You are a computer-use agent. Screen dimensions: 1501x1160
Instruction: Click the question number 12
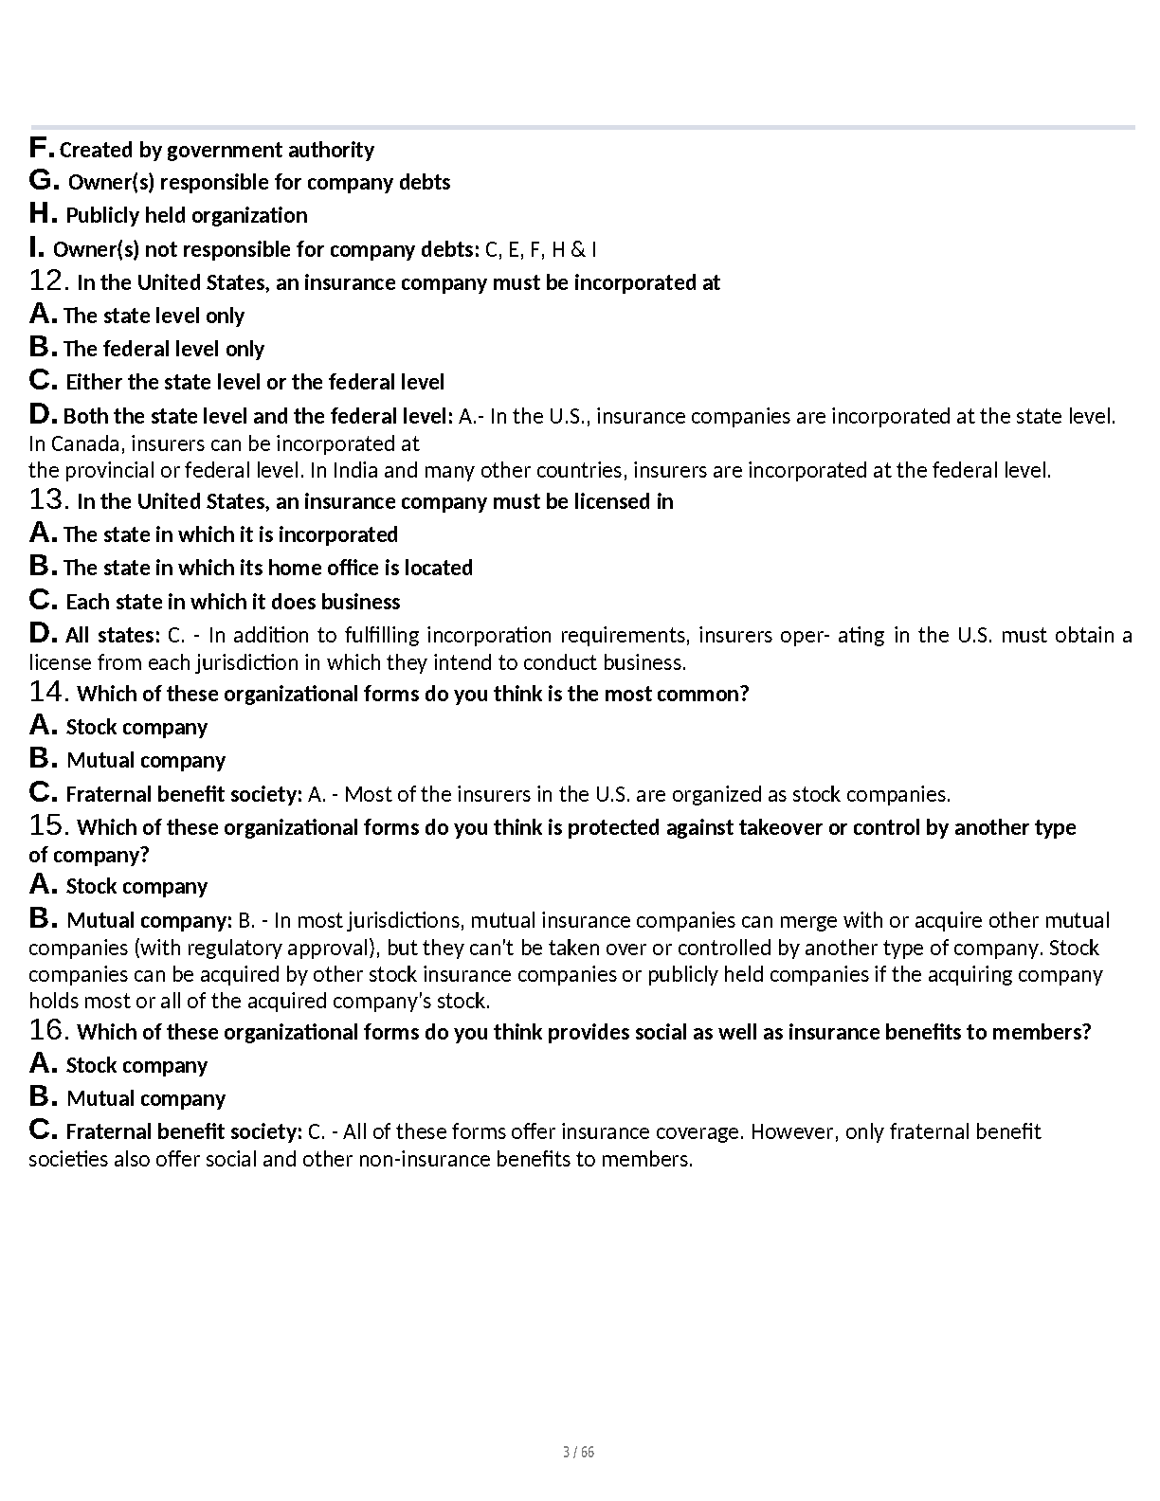click(x=48, y=281)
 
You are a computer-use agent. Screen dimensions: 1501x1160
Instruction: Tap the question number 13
click(x=48, y=500)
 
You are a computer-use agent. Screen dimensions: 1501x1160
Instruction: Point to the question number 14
click(x=48, y=693)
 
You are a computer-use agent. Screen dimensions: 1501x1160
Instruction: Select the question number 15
click(x=48, y=826)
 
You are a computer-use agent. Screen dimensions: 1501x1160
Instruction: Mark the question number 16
click(x=48, y=1031)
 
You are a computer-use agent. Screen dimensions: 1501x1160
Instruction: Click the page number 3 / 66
click(x=578, y=1453)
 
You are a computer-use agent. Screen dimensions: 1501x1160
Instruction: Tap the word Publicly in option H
click(x=102, y=215)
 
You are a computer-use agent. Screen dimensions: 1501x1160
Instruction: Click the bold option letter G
click(x=45, y=181)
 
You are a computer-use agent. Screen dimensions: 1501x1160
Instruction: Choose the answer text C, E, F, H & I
click(x=540, y=249)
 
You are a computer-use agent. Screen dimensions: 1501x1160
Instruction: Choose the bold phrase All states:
click(x=112, y=635)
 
